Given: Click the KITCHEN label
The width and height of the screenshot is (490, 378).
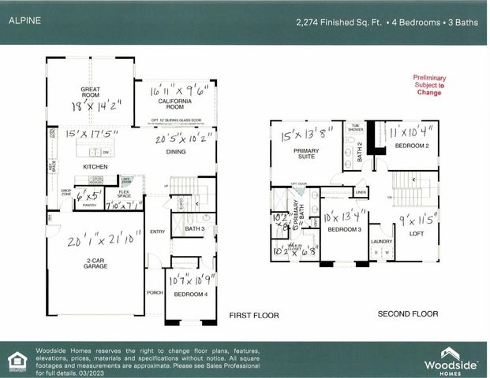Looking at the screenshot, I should point(95,168).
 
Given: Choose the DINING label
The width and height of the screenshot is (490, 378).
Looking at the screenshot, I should point(176,152).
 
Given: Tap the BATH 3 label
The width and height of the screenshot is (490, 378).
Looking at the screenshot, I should point(194,229).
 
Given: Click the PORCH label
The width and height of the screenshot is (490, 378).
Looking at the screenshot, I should point(155,293).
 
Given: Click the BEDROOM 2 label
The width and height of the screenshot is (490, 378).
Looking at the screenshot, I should point(411,147).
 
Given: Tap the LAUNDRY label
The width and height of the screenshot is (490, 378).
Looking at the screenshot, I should point(381,242).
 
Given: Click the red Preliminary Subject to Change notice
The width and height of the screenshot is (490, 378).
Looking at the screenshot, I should point(430,85).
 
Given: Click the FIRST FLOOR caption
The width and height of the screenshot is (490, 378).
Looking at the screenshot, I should point(254,315).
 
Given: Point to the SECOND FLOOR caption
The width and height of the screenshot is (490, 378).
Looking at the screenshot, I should point(407,313).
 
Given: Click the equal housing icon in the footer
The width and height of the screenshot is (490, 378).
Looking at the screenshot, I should point(16,361).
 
